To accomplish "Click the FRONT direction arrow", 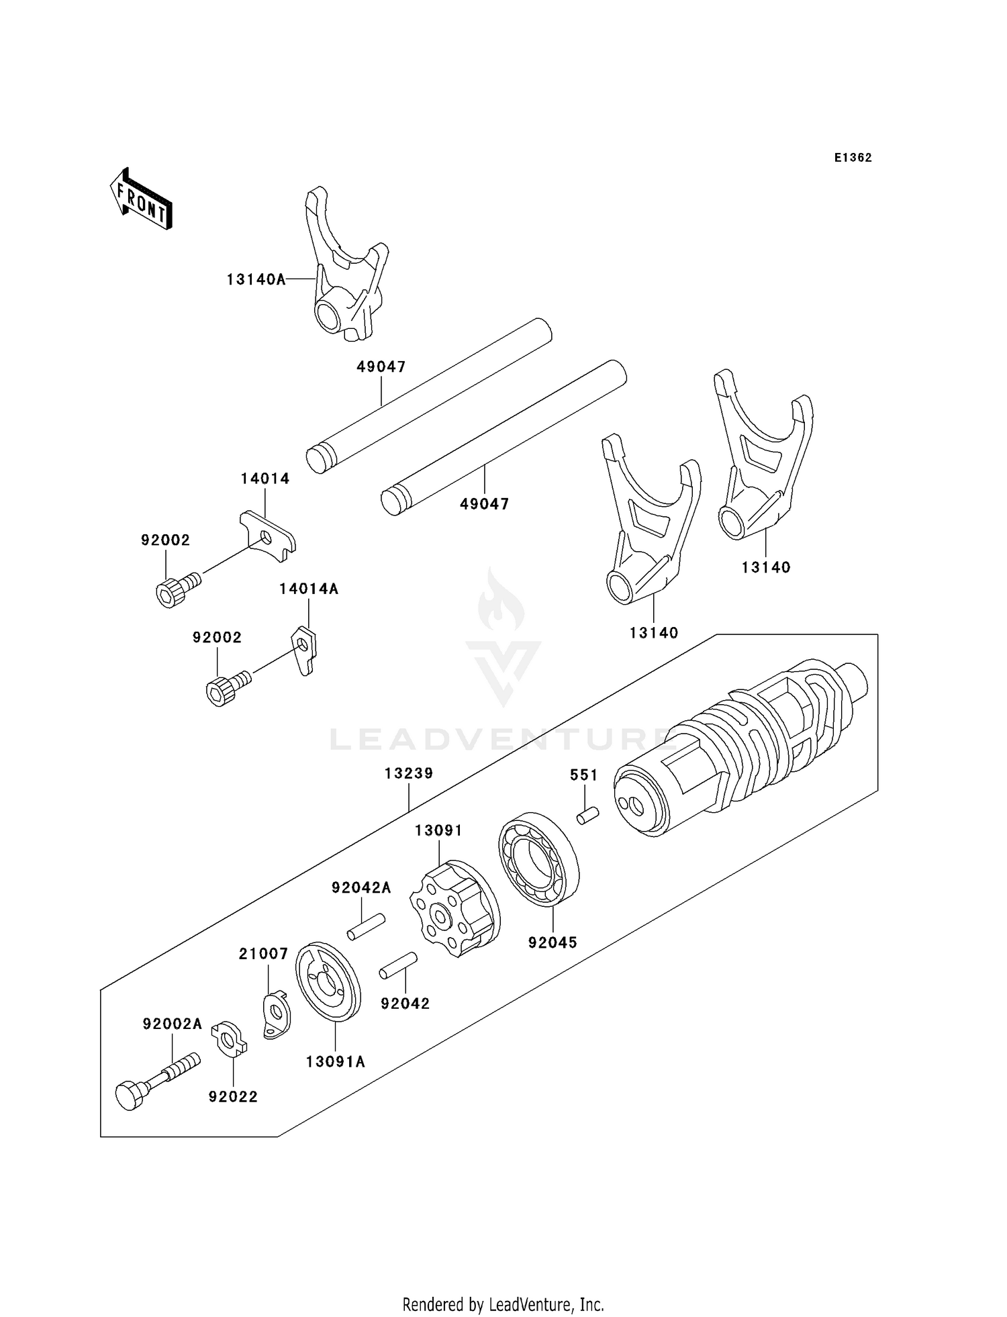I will (142, 199).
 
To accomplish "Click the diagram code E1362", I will (853, 158).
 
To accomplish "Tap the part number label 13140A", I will (256, 279).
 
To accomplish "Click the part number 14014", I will (265, 479).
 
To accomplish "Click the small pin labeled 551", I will (587, 817).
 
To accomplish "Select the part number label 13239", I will (409, 773).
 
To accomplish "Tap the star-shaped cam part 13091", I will (454, 908).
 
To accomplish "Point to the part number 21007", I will (264, 954).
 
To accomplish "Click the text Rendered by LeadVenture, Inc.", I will (503, 1304).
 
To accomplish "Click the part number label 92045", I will (553, 942).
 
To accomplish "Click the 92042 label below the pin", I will (405, 1004).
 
